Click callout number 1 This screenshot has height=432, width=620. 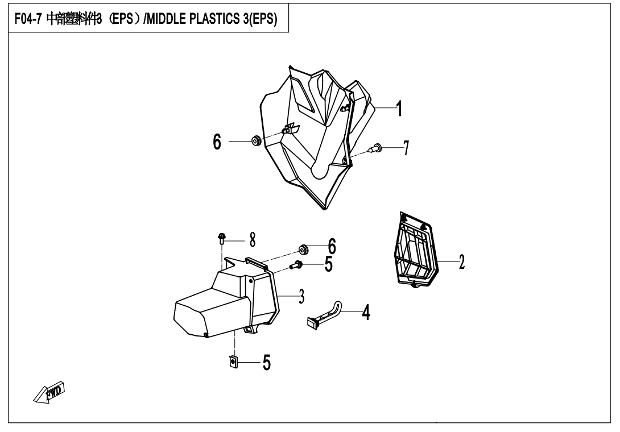(x=400, y=107)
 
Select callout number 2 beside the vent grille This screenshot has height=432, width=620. (x=461, y=261)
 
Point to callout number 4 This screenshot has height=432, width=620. (x=366, y=312)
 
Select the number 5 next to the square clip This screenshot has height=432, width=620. (x=266, y=363)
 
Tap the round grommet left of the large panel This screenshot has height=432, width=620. (x=255, y=141)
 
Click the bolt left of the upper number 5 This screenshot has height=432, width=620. (x=296, y=264)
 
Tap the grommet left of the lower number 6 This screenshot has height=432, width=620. (x=304, y=248)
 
